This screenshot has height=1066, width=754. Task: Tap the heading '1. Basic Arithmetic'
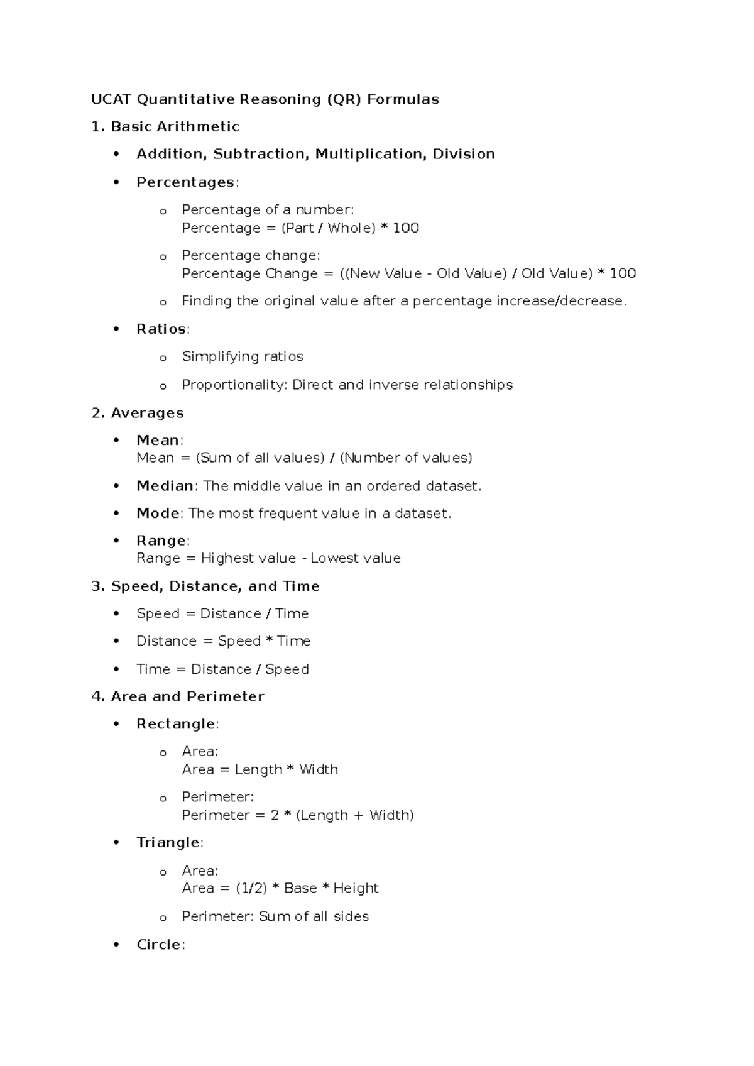[165, 127]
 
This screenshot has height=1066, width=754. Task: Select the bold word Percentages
[185, 182]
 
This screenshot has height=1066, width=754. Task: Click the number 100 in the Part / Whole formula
[406, 228]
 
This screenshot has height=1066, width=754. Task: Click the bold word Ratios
[161, 329]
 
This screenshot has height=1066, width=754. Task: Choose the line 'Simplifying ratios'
[243, 357]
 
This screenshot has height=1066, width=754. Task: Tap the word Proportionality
[234, 385]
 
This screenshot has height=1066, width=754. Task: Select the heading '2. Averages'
[138, 413]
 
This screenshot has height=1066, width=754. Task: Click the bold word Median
[165, 486]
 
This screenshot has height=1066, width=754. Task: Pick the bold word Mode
[158, 514]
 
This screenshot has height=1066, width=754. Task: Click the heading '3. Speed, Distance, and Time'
[205, 586]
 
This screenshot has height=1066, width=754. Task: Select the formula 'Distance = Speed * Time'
[224, 641]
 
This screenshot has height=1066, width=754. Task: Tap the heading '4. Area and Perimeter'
[178, 696]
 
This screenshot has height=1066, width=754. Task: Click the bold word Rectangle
[176, 724]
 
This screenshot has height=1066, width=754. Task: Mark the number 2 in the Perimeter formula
[275, 815]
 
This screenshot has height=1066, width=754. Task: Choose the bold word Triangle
[168, 843]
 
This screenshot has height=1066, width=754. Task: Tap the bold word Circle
[158, 945]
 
